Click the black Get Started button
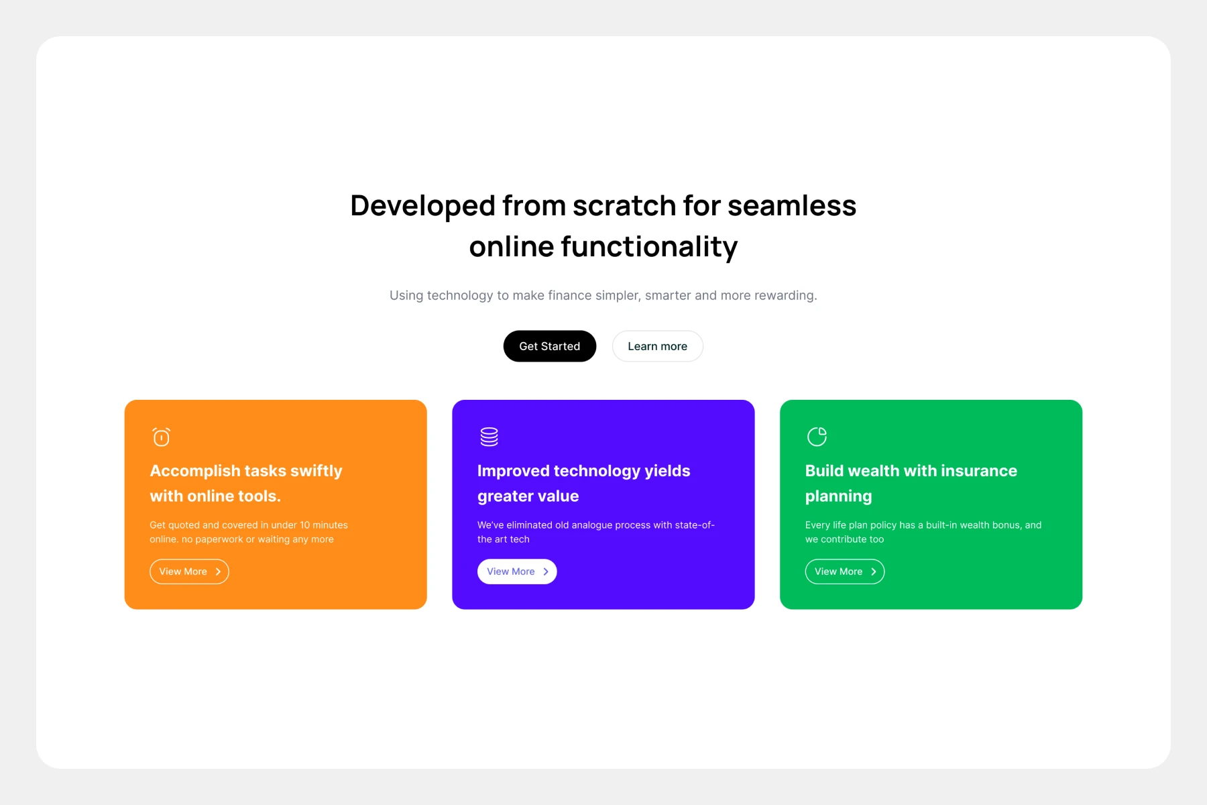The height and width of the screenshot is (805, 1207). [x=549, y=346]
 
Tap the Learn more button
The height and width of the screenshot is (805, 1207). [x=657, y=346]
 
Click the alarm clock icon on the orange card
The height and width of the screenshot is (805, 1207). [x=161, y=437]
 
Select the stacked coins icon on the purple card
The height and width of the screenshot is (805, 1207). [x=489, y=437]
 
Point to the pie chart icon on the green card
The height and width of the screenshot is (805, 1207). [x=817, y=437]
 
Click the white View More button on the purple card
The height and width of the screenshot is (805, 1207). [x=517, y=572]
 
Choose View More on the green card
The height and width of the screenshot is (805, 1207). [x=845, y=572]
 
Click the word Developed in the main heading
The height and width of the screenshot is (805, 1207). [x=422, y=206]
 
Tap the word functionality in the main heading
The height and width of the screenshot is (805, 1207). [x=649, y=247]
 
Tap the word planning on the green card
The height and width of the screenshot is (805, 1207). [x=839, y=497]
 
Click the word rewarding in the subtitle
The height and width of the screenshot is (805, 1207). [x=785, y=296]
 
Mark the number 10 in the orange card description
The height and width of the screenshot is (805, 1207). [x=305, y=525]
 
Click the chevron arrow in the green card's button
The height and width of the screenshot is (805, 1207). [x=874, y=572]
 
